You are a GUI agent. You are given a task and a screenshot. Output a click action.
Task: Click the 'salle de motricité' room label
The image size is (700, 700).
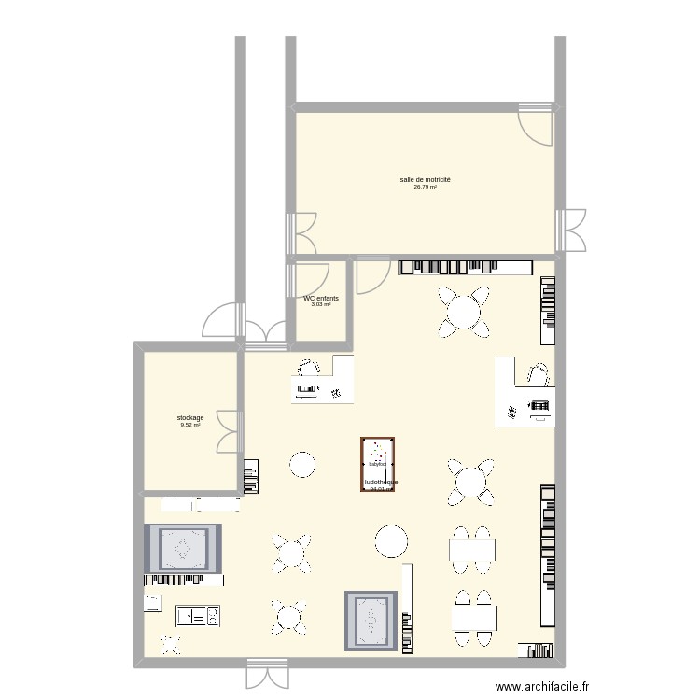point(425,179)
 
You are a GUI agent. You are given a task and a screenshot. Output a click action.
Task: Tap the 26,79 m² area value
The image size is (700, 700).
point(425,187)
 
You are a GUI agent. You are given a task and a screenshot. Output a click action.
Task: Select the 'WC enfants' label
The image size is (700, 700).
point(321,299)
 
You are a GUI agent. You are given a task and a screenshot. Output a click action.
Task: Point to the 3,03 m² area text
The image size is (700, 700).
point(321,305)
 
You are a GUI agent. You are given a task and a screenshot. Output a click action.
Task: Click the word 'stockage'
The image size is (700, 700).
point(190,417)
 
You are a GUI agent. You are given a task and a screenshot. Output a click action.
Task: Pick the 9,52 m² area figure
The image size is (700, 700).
point(190,425)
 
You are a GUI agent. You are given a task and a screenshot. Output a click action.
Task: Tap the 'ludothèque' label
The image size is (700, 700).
point(381,483)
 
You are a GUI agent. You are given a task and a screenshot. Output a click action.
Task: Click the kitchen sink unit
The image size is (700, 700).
point(198,615)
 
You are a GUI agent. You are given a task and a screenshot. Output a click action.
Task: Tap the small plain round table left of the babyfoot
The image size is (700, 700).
point(302,464)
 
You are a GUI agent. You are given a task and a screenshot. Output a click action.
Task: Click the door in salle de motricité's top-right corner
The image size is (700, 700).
point(537,122)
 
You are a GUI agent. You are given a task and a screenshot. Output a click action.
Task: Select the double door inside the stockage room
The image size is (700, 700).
point(228,432)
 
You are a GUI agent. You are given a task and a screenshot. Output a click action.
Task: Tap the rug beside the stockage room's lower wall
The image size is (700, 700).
point(183,549)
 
